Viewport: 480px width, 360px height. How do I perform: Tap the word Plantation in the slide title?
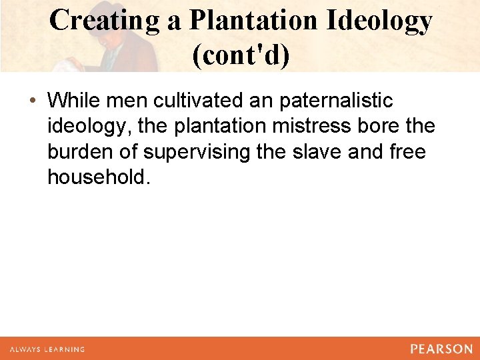(252, 21)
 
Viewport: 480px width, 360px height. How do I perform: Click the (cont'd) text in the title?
(241, 55)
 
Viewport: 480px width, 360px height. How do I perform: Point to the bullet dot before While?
(33, 101)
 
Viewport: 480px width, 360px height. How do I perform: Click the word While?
(73, 101)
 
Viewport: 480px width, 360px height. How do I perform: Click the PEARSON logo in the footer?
(441, 349)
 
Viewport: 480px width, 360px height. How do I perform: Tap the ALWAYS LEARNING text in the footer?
(47, 349)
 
